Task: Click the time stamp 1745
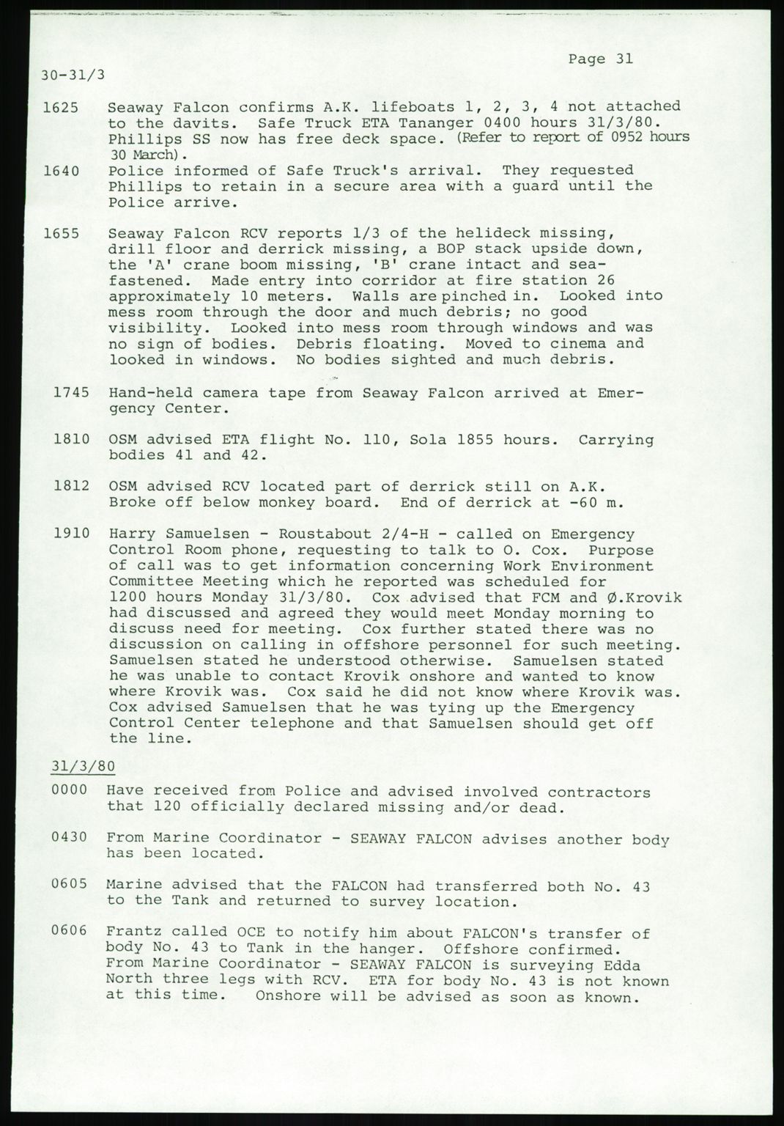point(72,392)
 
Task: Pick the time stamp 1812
point(72,487)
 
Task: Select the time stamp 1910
point(72,534)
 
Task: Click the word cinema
point(575,344)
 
